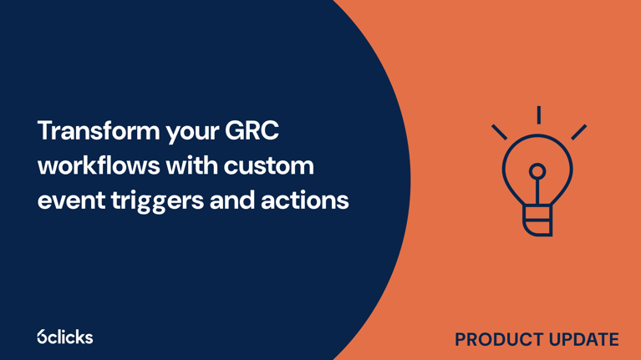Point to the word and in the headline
pyautogui.click(x=230, y=200)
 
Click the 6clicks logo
pyautogui.click(x=65, y=337)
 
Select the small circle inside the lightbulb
pyautogui.click(x=537, y=171)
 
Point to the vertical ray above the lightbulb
pyautogui.click(x=538, y=114)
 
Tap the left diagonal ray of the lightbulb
pyautogui.click(x=499, y=131)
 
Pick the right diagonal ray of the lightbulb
pyautogui.click(x=578, y=131)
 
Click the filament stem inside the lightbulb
pyautogui.click(x=537, y=192)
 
